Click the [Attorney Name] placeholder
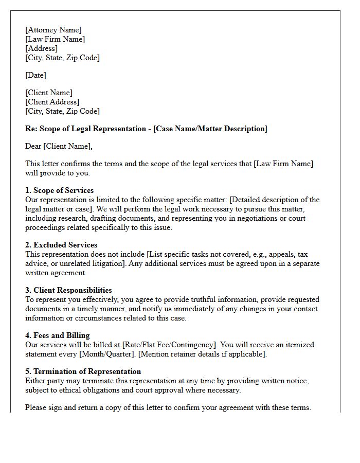tap(53, 30)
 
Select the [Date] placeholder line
tap(35, 76)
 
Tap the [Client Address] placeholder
tap(52, 102)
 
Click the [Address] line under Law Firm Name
tap(42, 49)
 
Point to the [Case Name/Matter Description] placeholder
tap(210, 129)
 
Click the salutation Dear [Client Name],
tap(59, 147)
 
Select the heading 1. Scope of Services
tap(60, 191)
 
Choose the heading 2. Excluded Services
tap(61, 245)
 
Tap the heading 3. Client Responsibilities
tap(68, 291)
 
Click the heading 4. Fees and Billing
tap(58, 336)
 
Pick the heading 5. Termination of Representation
tap(83, 372)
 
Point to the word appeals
tap(281, 255)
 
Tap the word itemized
tap(298, 345)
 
